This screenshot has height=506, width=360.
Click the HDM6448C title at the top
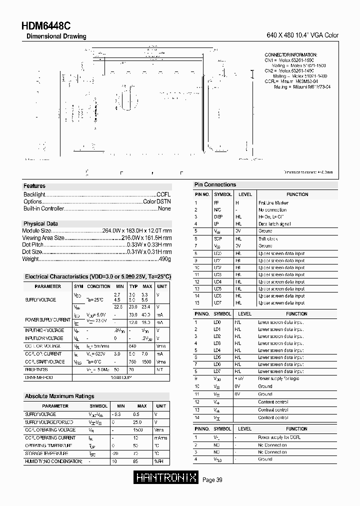pos(46,26)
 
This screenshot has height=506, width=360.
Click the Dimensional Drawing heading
pos(55,36)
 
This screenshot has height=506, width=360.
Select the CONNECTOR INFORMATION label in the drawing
pos(290,54)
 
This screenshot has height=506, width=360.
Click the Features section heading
pos(34,186)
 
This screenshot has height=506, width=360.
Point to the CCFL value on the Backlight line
pos(163,194)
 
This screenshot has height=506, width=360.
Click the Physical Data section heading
pos(40,223)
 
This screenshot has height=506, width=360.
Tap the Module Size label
pos(37,231)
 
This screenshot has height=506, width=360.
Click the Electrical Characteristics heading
pos(98,276)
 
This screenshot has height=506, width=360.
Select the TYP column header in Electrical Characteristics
pos(133,286)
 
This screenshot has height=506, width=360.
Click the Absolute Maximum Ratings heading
pos(59,396)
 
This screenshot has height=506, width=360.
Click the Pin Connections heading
pos(215,184)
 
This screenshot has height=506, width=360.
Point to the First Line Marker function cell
pos(273,203)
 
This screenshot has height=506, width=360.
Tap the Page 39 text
pos(212,480)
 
